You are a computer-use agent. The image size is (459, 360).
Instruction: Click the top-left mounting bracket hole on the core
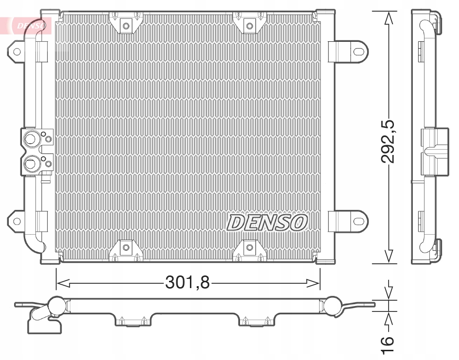pyautogui.click(x=126, y=25)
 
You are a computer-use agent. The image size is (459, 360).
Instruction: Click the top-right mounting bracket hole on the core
pyautogui.click(x=250, y=25)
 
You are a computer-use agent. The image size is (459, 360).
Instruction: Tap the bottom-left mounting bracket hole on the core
pyautogui.click(x=126, y=248)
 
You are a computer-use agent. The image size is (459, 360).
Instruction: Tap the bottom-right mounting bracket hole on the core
pyautogui.click(x=250, y=248)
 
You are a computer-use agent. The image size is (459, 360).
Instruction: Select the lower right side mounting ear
pyautogui.click(x=358, y=221)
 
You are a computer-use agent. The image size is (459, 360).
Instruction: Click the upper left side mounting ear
pyautogui.click(x=17, y=51)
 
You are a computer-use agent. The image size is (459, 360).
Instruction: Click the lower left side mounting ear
pyautogui.click(x=17, y=221)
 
